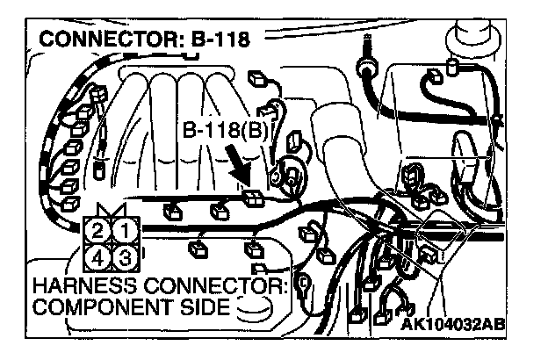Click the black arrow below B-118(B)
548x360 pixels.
click(241, 167)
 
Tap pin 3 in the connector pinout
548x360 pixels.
click(124, 257)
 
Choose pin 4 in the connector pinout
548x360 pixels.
click(99, 257)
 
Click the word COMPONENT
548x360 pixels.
click(102, 307)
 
